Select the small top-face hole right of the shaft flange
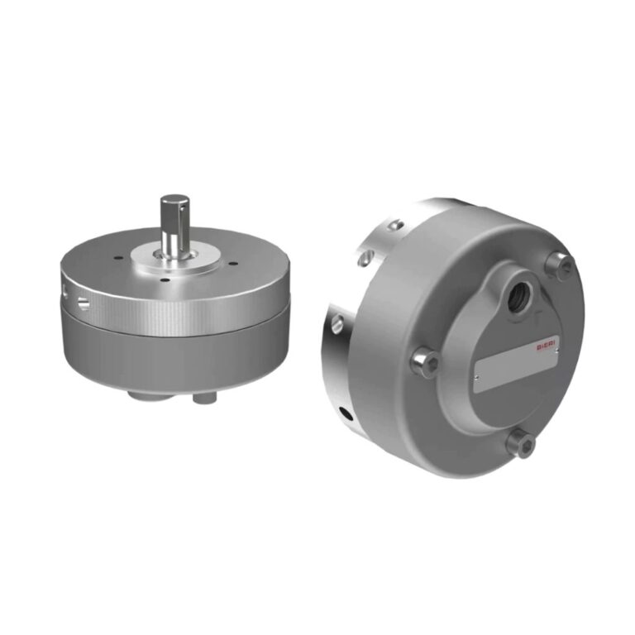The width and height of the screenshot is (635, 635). tap(234, 265)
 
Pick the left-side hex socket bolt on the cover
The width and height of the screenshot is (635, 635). tap(426, 363)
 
